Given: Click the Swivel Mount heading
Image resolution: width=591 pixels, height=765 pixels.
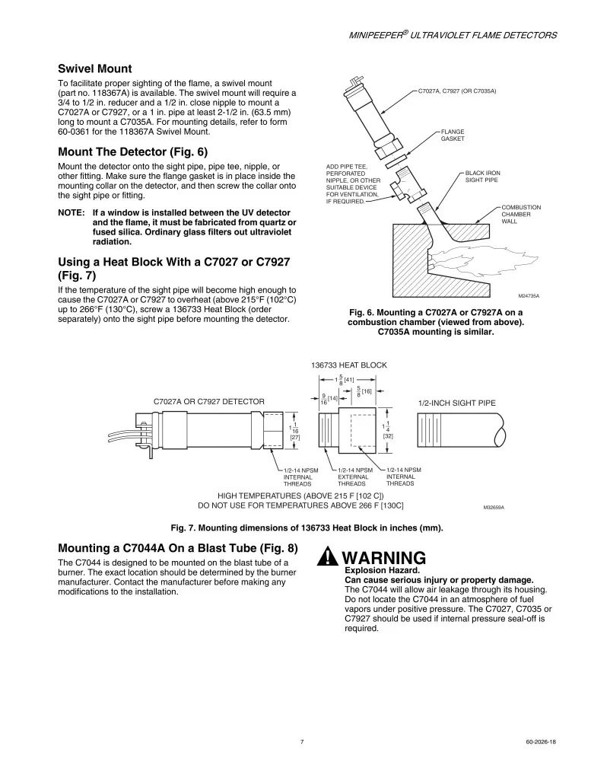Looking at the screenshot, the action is (x=94, y=69).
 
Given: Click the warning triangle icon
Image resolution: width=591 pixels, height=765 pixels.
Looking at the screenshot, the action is (x=328, y=556).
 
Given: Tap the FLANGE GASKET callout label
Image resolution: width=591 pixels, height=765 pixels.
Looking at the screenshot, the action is (x=453, y=135).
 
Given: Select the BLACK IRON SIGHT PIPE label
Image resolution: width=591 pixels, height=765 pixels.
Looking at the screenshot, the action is (x=482, y=177).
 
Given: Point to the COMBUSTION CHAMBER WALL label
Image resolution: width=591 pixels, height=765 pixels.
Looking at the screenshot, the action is (x=521, y=214).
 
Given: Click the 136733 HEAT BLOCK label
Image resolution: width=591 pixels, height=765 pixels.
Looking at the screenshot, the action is (x=348, y=365).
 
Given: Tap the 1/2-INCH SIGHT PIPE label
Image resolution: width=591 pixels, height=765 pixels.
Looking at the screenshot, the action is (x=456, y=403).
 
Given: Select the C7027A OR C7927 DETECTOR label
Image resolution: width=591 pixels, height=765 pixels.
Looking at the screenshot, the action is (x=208, y=401).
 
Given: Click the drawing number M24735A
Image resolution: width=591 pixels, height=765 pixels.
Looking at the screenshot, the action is (x=528, y=296).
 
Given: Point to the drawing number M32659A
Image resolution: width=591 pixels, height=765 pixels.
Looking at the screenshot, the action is (x=494, y=508).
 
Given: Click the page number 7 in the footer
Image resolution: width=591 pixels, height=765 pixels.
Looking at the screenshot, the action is (x=302, y=742).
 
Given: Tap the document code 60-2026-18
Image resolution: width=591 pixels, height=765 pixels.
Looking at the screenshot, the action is (x=541, y=742).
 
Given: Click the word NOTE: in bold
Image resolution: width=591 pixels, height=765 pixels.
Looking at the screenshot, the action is (x=71, y=212).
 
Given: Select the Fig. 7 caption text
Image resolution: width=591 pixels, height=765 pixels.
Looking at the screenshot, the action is (x=307, y=528).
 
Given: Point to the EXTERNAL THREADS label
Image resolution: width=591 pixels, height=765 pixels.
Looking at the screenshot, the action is (x=353, y=477).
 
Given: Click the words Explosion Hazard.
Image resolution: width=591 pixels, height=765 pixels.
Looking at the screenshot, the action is (x=382, y=570).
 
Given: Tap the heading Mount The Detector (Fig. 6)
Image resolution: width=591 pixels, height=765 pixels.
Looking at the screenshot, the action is (x=132, y=152).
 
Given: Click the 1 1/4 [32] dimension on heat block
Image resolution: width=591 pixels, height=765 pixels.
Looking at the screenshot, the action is (x=388, y=430).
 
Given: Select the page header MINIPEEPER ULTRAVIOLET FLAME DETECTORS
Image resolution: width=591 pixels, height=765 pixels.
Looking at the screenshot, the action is (x=453, y=35).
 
